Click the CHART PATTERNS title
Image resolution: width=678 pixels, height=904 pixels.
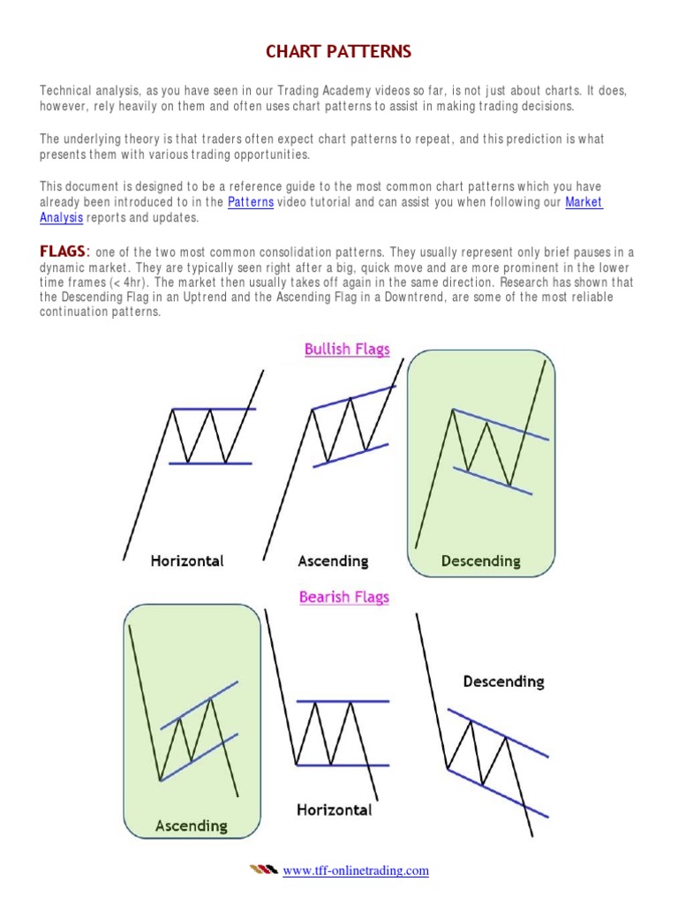tap(339, 52)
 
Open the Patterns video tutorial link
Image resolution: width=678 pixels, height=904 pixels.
tap(251, 202)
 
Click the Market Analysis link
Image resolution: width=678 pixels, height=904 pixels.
tap(584, 202)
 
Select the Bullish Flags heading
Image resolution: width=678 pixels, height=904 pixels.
tap(347, 349)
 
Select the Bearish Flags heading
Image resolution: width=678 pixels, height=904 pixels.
tap(344, 597)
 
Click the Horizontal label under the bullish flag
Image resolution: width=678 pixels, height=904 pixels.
tap(187, 561)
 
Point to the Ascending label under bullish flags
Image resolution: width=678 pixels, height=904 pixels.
tap(333, 561)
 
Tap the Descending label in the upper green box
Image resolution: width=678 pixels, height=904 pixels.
tap(480, 561)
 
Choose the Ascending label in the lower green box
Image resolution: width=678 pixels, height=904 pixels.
tap(191, 825)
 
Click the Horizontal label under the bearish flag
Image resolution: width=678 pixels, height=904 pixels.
tap(334, 810)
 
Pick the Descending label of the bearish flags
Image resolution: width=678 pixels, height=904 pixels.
tap(503, 682)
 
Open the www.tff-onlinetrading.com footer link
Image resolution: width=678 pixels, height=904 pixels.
tap(356, 870)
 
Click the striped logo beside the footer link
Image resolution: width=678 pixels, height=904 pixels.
tap(262, 870)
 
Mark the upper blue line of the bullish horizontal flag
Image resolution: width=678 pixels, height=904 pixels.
tap(212, 409)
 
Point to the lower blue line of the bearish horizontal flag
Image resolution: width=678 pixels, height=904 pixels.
tap(343, 765)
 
